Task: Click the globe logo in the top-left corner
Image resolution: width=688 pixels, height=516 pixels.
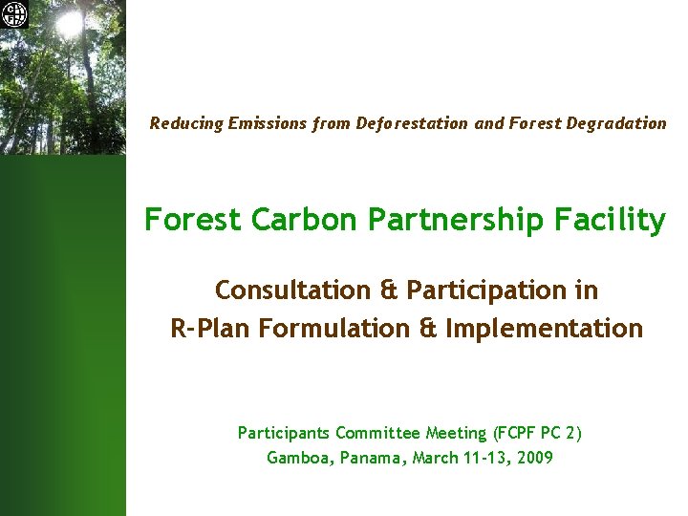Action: (x=15, y=14)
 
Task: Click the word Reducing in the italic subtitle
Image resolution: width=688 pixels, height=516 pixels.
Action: (x=185, y=123)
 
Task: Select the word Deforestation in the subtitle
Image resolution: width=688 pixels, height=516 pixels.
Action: (x=412, y=123)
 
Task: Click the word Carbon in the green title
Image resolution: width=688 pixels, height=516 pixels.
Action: (x=296, y=220)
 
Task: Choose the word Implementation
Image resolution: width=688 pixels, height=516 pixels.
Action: (x=543, y=329)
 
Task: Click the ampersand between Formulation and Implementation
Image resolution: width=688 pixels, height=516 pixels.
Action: (x=429, y=329)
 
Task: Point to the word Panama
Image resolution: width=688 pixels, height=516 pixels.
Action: (x=375, y=458)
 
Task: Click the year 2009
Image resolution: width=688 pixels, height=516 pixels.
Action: (x=533, y=458)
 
